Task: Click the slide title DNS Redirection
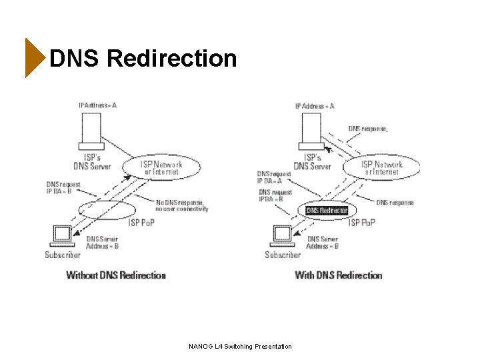tap(143, 59)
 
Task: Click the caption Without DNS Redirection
tap(116, 275)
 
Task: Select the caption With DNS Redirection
tap(338, 275)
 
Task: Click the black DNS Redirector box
tap(327, 210)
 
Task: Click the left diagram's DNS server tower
tap(91, 131)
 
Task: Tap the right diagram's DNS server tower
tap(311, 131)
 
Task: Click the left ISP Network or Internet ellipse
tap(161, 167)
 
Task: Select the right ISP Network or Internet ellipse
tap(381, 167)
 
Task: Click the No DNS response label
tap(182, 205)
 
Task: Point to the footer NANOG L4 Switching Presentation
tap(240, 346)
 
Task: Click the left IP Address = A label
tap(97, 105)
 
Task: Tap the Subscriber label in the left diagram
tap(63, 255)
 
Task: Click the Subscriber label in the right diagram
tap(283, 255)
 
